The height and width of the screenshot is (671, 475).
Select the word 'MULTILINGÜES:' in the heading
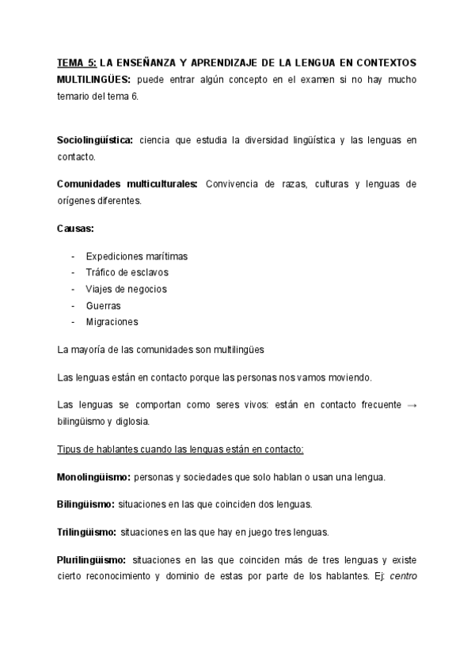pos(94,79)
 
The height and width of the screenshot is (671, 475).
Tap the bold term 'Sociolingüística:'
pos(95,140)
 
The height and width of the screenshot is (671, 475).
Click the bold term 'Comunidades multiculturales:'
pos(127,184)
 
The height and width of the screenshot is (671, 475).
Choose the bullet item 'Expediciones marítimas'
pos(136,256)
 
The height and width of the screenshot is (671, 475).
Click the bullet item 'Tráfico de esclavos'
pos(127,272)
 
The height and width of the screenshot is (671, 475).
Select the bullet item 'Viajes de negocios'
pos(127,289)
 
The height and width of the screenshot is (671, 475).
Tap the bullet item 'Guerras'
pos(103,305)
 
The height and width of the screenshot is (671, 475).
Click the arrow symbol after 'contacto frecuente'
pos(411,404)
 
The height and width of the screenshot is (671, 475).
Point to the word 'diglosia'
pos(131,421)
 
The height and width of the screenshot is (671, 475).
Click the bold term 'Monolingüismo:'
pos(94,477)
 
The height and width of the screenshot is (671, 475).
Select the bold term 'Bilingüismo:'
pos(85,503)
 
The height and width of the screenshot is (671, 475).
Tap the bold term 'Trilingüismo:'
pos(87,531)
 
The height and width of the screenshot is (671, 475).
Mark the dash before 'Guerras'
pos(73,305)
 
